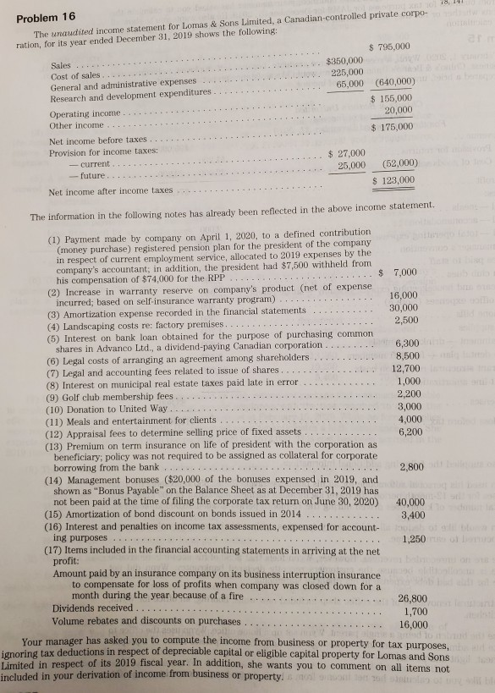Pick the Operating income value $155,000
(390, 99)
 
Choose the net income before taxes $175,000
(390, 127)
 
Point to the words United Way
(137, 409)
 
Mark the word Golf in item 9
(81, 395)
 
